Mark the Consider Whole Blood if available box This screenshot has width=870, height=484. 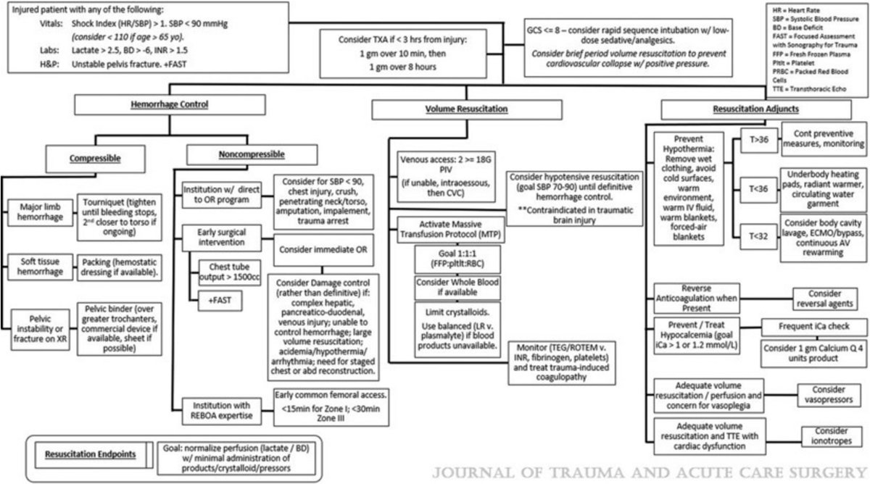tap(447, 288)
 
